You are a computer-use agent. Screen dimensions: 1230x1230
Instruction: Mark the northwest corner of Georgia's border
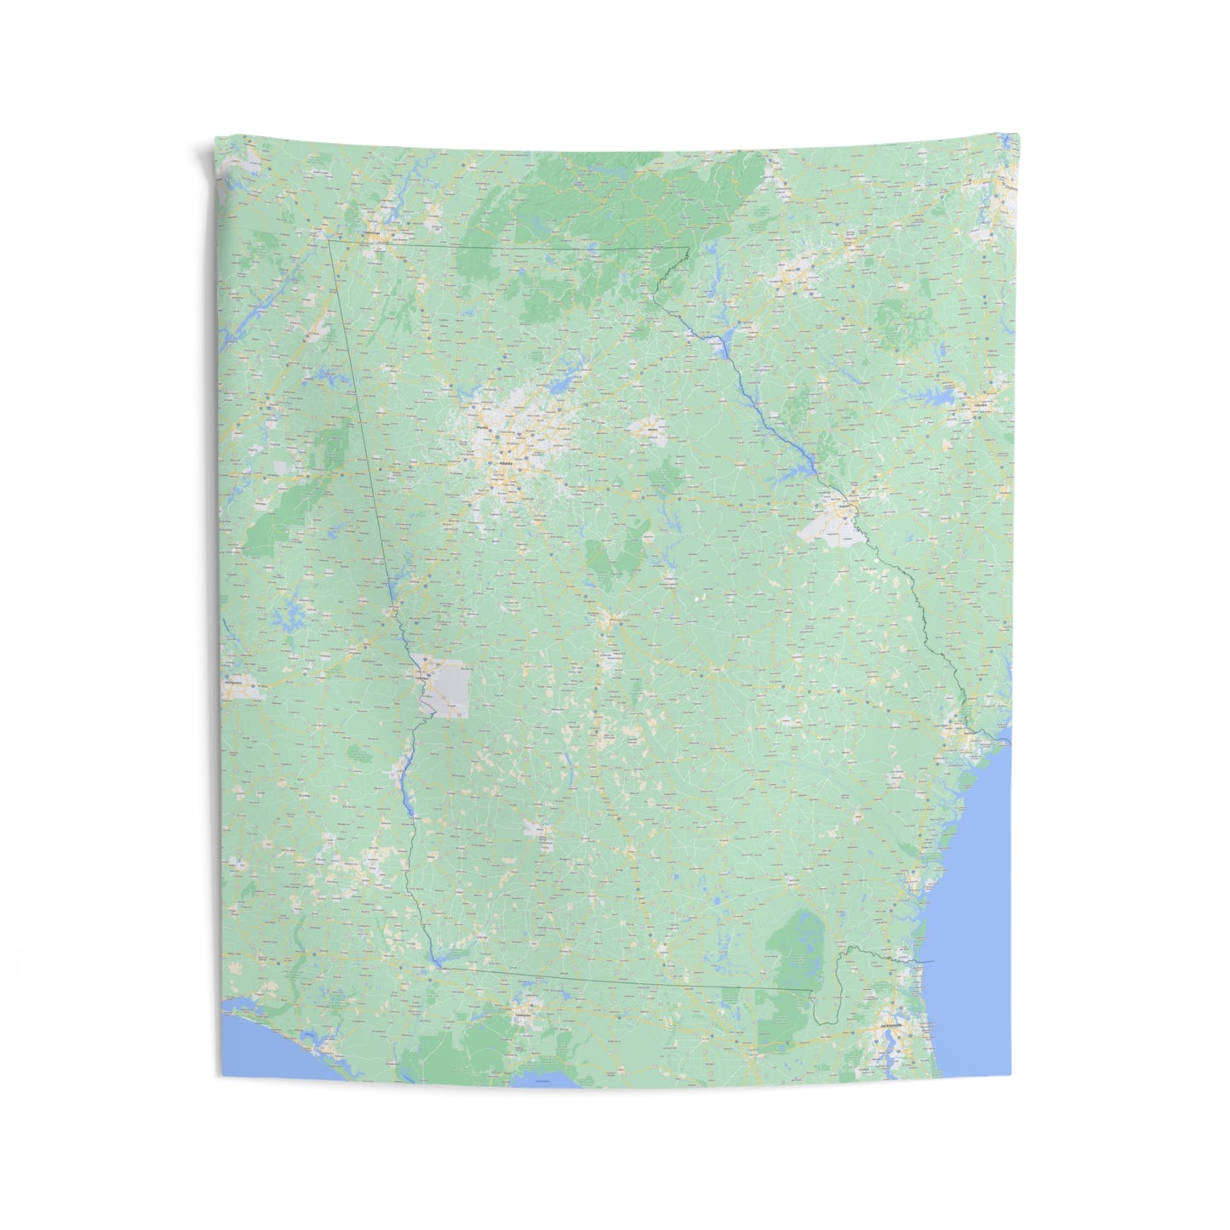(329, 241)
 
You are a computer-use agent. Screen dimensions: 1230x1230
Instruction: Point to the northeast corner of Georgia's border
(688, 248)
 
